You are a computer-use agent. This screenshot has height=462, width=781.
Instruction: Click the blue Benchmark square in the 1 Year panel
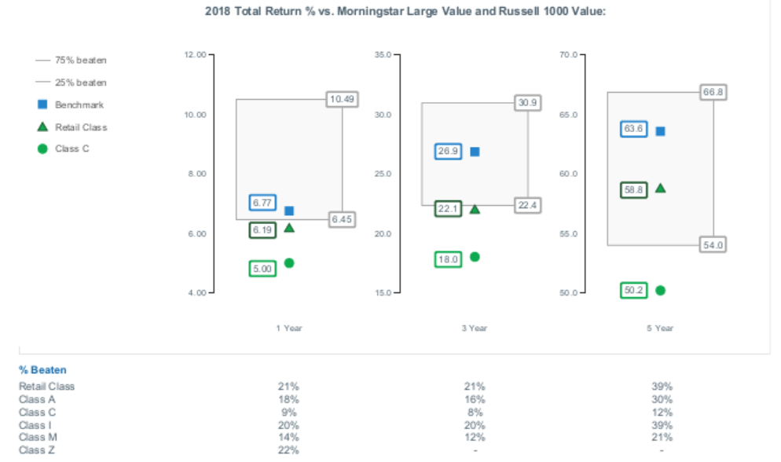289,211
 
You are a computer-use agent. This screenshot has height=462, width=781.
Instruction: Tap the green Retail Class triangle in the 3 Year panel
475,209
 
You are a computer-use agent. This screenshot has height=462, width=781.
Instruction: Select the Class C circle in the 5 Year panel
660,291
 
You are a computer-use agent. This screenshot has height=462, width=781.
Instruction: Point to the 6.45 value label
342,219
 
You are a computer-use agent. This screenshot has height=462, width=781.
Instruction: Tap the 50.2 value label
633,291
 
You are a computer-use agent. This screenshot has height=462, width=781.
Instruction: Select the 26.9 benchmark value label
448,152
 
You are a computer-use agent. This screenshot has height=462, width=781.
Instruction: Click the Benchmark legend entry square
44,104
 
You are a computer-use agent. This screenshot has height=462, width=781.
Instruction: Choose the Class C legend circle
44,148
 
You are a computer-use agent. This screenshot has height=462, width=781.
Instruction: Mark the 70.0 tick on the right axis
568,54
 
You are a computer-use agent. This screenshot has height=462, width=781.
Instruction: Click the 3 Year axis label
474,328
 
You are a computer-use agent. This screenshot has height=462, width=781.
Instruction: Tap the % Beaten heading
42,370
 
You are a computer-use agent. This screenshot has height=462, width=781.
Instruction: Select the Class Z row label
37,450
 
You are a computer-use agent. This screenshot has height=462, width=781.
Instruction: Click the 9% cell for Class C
288,412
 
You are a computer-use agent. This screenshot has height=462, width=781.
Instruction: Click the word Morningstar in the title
374,12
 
